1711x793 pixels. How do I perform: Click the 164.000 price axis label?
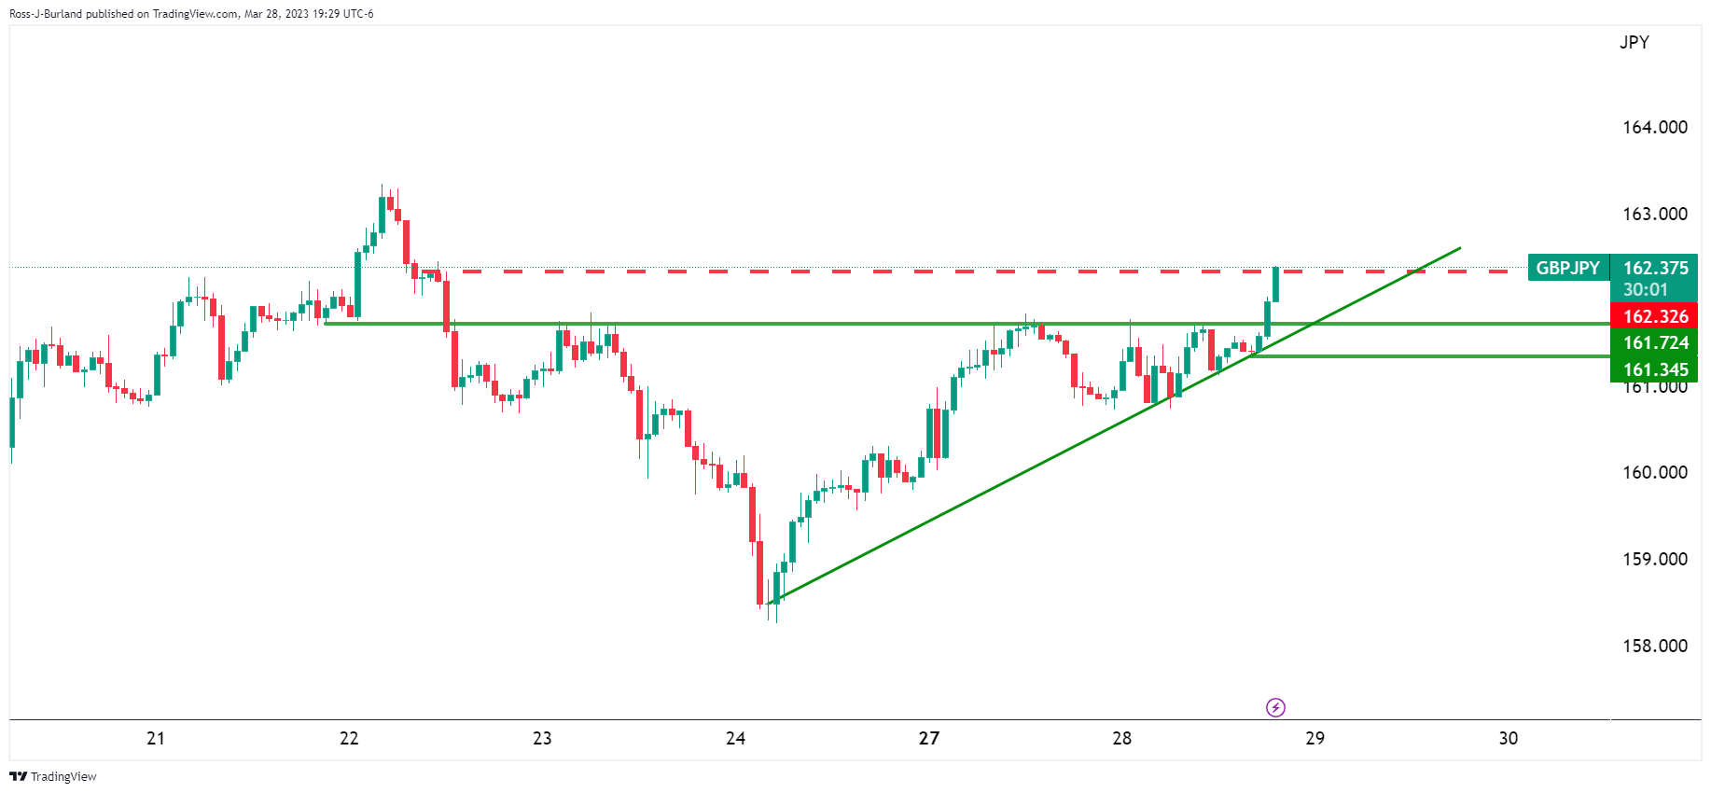1654,128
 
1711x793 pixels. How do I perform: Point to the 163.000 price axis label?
1654,214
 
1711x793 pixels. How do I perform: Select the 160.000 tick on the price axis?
1654,472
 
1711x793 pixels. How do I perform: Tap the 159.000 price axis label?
1654,559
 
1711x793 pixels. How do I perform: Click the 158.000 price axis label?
1654,646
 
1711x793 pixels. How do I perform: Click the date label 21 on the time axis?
156,738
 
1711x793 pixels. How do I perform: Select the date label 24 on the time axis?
735,738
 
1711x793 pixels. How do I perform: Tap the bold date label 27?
928,738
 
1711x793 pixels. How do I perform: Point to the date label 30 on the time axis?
1508,738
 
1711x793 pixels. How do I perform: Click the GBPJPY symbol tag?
1567,269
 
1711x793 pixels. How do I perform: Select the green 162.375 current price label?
1655,269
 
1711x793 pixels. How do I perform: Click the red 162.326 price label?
1655,316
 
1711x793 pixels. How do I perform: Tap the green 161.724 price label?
1655,342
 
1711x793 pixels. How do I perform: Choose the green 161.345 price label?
1655,369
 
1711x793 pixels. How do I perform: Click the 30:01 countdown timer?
1645,290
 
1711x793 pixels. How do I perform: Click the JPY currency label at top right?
1634,42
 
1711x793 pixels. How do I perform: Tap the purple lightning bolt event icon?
1275,707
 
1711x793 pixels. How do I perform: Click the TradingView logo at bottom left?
53,776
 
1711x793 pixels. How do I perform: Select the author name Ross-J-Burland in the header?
45,14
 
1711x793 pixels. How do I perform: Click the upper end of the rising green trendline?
1458,248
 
